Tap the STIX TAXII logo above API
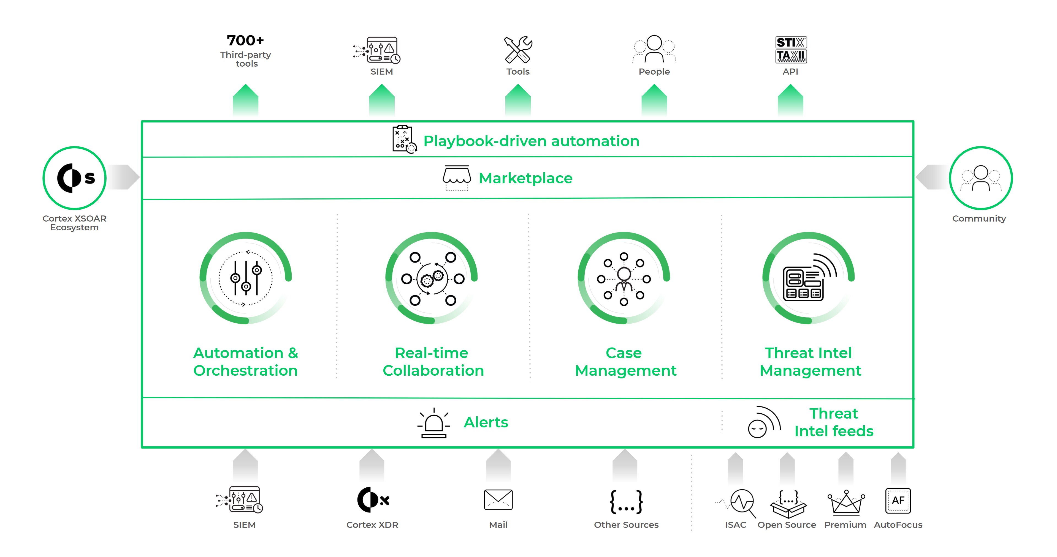(x=791, y=50)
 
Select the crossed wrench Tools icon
(x=518, y=50)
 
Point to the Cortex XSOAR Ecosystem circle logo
(x=75, y=178)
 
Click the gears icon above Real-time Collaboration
(x=432, y=279)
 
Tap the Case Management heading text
(x=625, y=361)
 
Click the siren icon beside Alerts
(x=434, y=423)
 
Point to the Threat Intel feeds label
(x=833, y=422)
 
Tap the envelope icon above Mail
(x=498, y=499)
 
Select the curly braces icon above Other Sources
(x=626, y=501)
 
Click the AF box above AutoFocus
(x=898, y=500)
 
